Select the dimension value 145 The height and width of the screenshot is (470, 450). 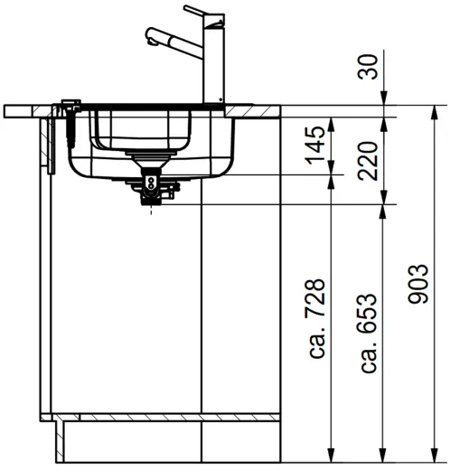[x=315, y=146]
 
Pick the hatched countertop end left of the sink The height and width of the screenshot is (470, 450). [x=27, y=110]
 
